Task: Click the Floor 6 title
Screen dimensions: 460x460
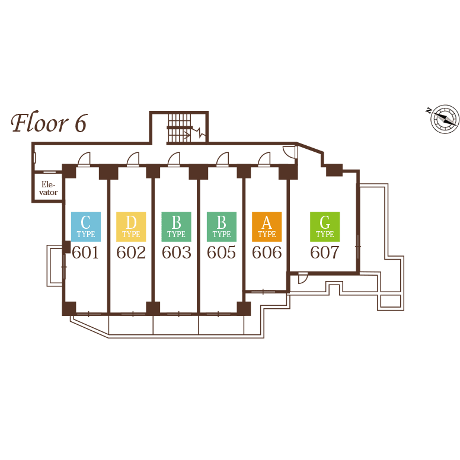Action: pyautogui.click(x=49, y=123)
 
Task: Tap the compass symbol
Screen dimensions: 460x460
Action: pyautogui.click(x=444, y=119)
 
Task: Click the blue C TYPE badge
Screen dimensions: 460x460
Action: pyautogui.click(x=86, y=226)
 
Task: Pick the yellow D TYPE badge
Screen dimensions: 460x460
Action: pyautogui.click(x=131, y=226)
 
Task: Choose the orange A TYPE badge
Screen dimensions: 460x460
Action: pyautogui.click(x=267, y=226)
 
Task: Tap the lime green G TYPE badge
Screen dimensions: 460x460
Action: pyautogui.click(x=325, y=226)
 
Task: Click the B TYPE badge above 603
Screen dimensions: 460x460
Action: pyautogui.click(x=176, y=226)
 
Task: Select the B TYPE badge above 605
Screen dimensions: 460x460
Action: pyautogui.click(x=222, y=226)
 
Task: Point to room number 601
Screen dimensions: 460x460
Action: pyautogui.click(x=85, y=253)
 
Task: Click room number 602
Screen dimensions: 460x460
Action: pyautogui.click(x=131, y=253)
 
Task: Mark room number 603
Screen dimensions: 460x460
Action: pyautogui.click(x=177, y=253)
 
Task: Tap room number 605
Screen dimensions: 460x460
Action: pyautogui.click(x=222, y=253)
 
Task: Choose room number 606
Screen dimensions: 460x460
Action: pyautogui.click(x=267, y=253)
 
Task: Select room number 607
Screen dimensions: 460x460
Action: pyautogui.click(x=325, y=253)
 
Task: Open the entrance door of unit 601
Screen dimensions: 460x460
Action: pyautogui.click(x=84, y=159)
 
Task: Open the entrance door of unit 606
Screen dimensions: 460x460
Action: pyautogui.click(x=264, y=159)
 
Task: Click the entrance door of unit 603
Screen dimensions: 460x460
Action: pyautogui.click(x=173, y=159)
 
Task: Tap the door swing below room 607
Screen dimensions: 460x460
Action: pyautogui.click(x=302, y=277)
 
